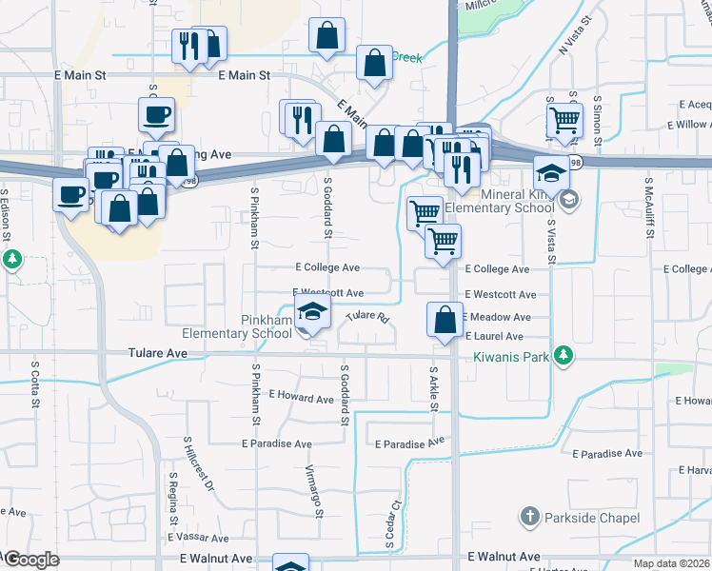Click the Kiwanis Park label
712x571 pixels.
coord(512,358)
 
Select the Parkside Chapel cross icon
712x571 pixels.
coord(530,517)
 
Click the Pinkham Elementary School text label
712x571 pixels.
coord(238,326)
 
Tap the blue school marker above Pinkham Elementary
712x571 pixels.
coord(311,313)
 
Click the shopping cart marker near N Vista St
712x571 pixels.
coord(564,121)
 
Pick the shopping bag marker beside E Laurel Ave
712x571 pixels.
coord(445,319)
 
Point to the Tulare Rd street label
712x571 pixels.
coord(368,317)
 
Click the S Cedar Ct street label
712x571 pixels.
coord(391,526)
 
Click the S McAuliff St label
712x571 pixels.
coord(648,205)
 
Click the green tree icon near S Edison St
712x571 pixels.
coord(11,259)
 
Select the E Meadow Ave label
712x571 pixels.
coord(496,317)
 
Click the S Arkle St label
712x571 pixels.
coord(433,389)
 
